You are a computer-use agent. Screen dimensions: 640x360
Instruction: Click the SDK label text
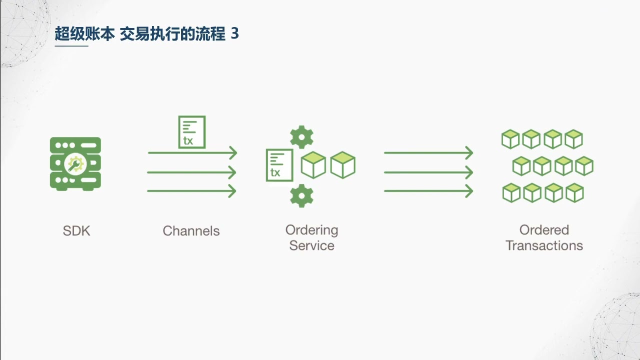click(x=76, y=231)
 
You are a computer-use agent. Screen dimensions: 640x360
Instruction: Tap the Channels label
click(x=191, y=231)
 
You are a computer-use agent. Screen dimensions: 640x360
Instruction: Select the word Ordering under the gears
click(x=311, y=230)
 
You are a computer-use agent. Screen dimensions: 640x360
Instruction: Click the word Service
click(x=311, y=245)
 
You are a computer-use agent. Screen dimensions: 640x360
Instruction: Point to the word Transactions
click(x=544, y=245)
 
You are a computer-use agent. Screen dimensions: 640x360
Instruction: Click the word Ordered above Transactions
click(x=544, y=230)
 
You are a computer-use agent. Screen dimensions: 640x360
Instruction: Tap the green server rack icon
click(x=75, y=163)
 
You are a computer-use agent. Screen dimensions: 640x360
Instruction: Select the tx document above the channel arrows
click(x=192, y=132)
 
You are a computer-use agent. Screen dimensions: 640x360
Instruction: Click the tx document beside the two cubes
click(x=279, y=165)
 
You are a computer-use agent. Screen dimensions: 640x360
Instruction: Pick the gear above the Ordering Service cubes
click(x=301, y=137)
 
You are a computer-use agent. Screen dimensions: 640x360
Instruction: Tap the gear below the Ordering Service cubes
click(x=301, y=195)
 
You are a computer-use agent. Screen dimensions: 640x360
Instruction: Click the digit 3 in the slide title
click(x=235, y=33)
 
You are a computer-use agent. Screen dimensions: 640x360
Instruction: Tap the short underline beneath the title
click(x=71, y=45)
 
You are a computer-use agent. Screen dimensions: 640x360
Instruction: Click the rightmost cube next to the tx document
click(x=343, y=165)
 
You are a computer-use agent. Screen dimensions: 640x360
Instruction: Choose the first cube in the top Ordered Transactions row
click(x=510, y=139)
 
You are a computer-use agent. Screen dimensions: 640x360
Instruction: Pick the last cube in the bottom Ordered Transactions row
click(x=575, y=193)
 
